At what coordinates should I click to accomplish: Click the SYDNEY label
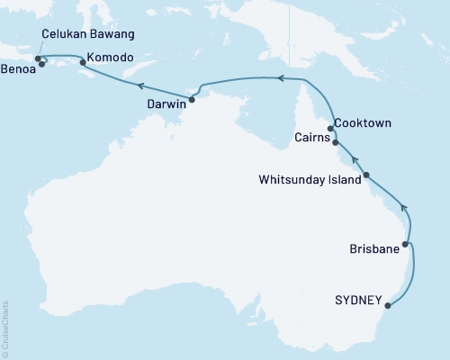358,300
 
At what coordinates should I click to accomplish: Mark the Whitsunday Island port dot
366,176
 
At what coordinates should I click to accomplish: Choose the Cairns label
312,138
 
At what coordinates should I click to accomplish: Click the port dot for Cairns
336,142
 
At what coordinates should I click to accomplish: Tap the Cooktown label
362,121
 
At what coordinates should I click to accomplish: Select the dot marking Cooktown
331,129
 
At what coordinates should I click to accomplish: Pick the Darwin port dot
192,100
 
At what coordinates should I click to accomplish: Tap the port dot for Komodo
84,62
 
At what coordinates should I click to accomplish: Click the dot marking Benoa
41,64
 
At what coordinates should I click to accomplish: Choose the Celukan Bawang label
88,34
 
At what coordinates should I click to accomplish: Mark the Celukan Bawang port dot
38,59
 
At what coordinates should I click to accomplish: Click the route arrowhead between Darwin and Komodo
139,85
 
